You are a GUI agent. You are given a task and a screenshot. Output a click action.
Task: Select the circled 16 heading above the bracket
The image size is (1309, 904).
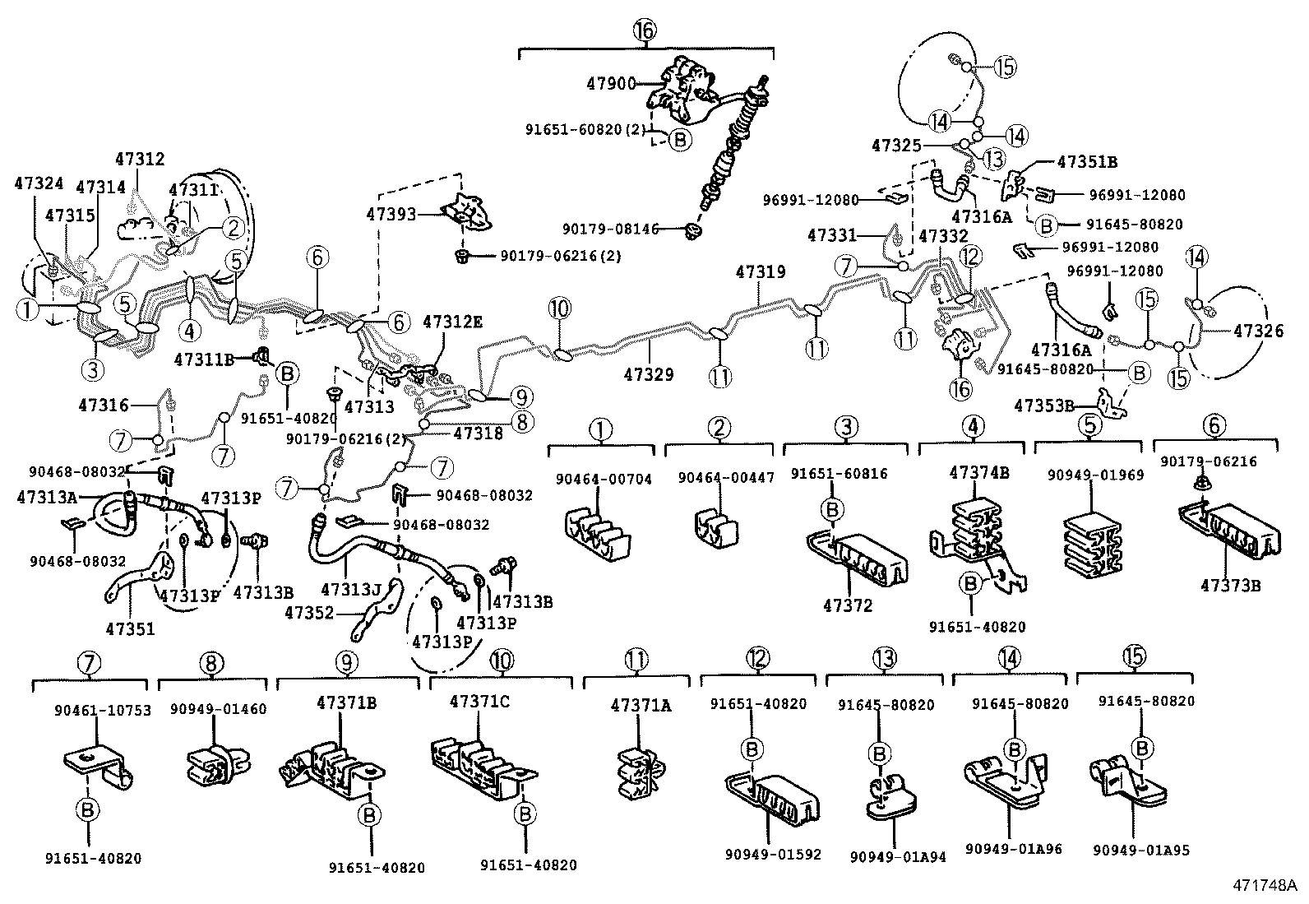point(645,31)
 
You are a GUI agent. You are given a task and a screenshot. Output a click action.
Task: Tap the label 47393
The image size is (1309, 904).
point(391,215)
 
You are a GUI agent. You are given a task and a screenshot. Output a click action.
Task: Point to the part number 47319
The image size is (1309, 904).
point(760,272)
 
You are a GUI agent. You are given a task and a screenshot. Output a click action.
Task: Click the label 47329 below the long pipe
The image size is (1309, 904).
point(648,374)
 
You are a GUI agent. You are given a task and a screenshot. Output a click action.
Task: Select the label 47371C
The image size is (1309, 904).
point(479,702)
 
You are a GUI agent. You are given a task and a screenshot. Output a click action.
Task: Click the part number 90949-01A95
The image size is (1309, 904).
point(1140,851)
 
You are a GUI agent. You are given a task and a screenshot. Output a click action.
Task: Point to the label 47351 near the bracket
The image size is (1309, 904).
point(130,629)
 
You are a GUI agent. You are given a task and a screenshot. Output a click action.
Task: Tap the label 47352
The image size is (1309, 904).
point(309,612)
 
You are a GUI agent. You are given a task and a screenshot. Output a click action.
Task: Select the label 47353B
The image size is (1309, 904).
point(1044,406)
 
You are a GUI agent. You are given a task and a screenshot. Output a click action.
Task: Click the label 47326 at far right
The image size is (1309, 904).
point(1256,331)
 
